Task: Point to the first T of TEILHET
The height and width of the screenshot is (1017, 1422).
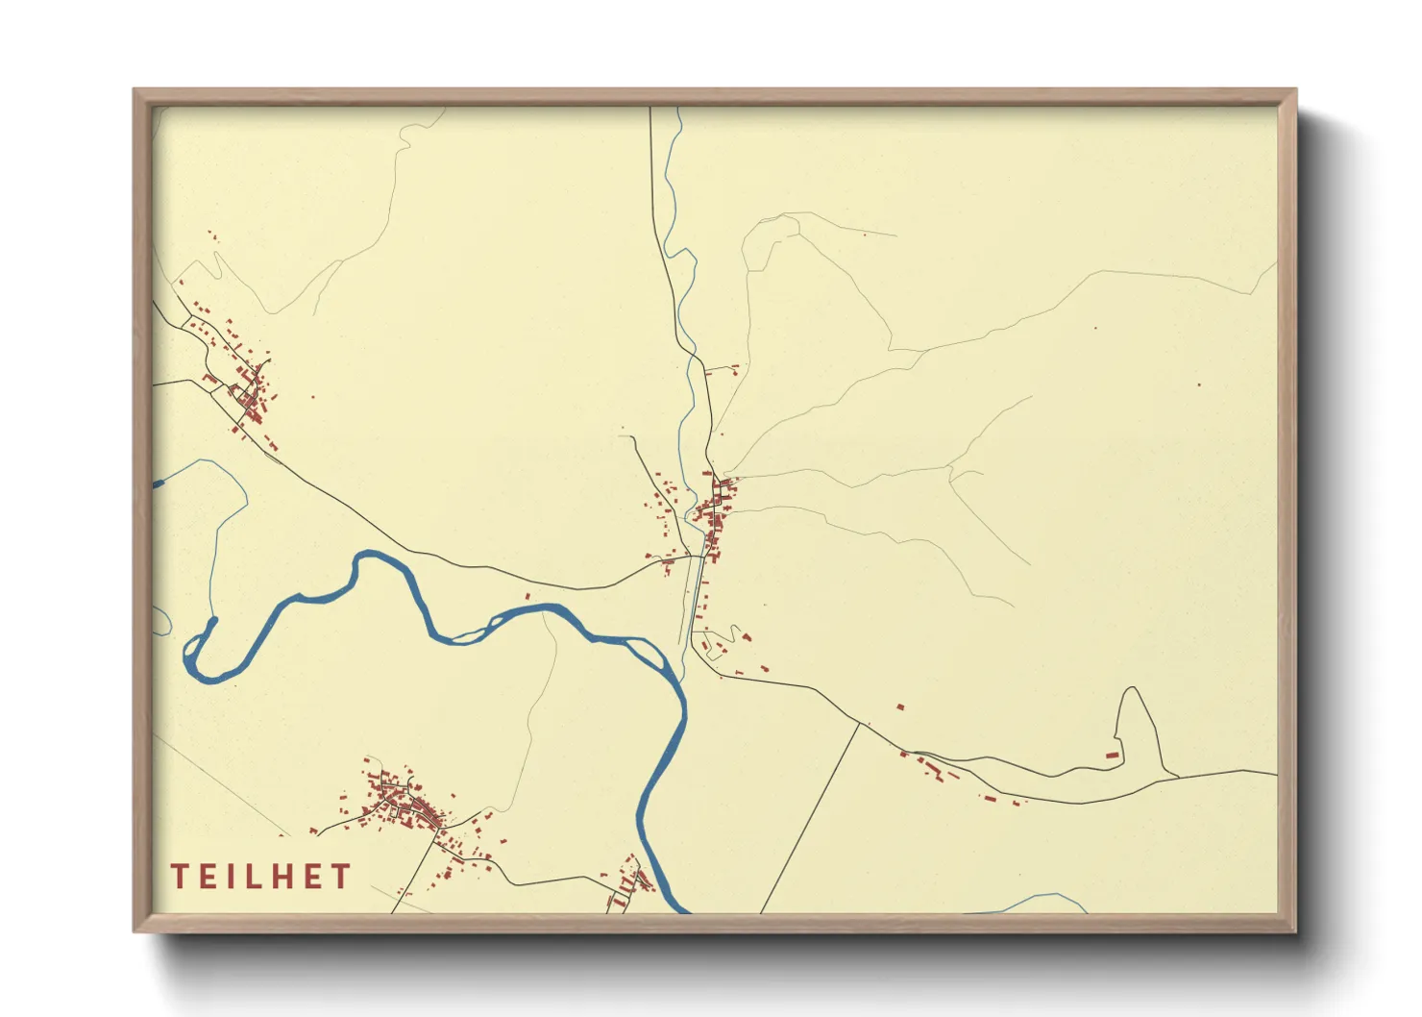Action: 180,877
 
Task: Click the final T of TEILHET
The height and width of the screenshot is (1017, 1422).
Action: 339,877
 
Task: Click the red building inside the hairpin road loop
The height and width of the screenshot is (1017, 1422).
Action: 1113,756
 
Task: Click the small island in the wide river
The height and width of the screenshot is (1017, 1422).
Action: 469,633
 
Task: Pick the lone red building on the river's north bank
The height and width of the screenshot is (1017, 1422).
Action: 527,596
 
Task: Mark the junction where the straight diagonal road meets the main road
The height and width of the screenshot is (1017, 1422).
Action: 860,724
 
